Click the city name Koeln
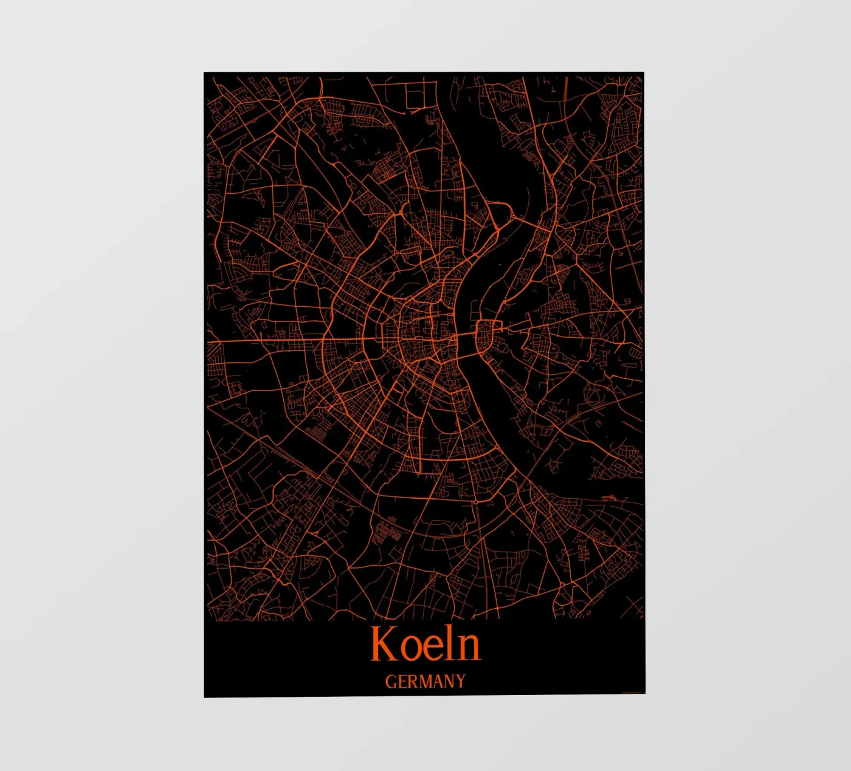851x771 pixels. (425, 643)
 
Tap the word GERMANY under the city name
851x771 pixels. (425, 681)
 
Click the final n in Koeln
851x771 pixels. (469, 648)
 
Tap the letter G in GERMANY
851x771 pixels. (390, 682)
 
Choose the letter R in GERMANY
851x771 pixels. (413, 682)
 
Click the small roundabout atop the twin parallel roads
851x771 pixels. (475, 502)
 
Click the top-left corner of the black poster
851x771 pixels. (204, 73)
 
